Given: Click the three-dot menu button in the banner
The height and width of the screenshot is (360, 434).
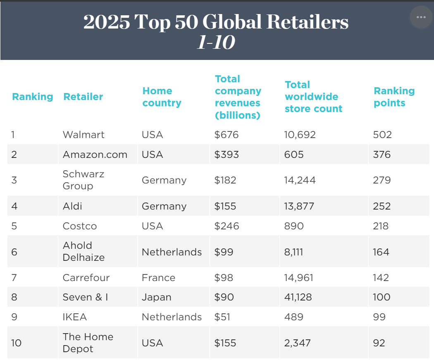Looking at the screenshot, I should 421,17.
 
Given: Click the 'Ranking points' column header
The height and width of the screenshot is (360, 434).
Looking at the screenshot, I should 394,97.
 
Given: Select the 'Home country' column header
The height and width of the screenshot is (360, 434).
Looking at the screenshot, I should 162,97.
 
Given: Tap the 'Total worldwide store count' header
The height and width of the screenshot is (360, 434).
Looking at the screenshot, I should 313,97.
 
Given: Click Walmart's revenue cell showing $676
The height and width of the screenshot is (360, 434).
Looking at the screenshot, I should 227,135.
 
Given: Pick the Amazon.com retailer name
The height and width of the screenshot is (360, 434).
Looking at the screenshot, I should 95,155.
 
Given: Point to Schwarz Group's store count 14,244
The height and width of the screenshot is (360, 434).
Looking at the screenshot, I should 300,180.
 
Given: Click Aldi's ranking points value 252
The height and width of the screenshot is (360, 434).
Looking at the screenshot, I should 382,206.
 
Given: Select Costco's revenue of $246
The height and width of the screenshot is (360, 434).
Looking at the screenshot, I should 227,226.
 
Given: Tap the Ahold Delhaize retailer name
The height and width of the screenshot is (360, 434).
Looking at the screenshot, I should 83,251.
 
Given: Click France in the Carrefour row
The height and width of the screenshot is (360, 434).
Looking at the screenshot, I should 158,278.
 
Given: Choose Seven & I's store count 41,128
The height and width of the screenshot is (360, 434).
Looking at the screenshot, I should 298,297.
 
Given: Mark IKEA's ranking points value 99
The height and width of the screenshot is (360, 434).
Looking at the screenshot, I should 379,317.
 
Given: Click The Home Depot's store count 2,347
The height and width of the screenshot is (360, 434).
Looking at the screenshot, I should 297,343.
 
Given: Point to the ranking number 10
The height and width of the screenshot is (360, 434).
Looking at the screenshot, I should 17,343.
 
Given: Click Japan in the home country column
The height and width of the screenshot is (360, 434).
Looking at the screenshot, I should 156,297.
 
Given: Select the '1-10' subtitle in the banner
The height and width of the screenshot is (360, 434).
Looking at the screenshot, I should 216,42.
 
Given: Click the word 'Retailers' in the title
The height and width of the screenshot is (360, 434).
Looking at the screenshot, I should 308,22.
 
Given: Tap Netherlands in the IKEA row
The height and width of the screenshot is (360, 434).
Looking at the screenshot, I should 172,317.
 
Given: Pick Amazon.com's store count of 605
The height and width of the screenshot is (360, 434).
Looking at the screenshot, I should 293,155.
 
